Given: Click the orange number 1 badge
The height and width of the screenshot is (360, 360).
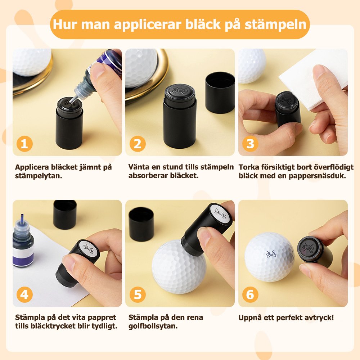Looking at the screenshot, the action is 24,144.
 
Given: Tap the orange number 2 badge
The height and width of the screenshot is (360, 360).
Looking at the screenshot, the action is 138,144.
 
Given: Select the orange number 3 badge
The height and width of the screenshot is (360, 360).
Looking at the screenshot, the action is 250,144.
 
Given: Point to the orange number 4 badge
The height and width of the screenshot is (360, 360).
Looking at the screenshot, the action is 24,294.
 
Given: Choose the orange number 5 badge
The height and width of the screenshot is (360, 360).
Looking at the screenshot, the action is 138,294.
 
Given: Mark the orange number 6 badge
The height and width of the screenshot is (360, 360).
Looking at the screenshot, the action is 250,294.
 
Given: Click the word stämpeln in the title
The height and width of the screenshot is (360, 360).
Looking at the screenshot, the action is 275,24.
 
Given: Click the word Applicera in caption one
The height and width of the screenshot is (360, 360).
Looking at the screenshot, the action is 32,167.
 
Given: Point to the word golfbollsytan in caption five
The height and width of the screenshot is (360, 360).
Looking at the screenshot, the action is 153,326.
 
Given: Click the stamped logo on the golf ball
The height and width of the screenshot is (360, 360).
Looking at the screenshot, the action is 271,254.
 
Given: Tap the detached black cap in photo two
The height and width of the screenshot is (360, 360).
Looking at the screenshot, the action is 220,93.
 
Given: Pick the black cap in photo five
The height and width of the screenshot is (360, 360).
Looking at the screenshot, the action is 141,224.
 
